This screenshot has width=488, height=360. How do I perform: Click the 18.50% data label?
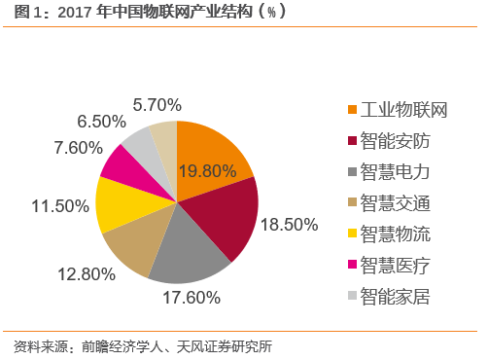point(292,224)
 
